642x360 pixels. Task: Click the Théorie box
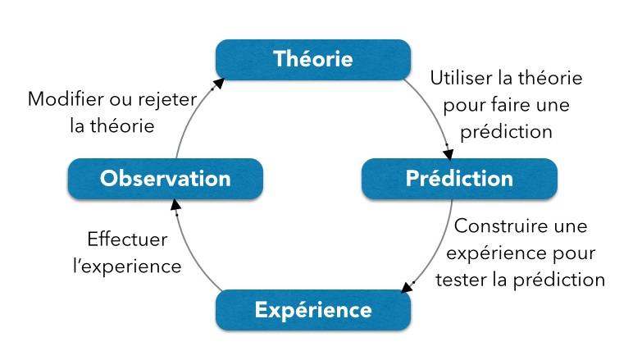[x=312, y=60]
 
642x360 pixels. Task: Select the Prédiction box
[x=459, y=179]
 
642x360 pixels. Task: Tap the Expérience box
[x=312, y=310]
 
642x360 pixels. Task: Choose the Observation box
[x=165, y=179]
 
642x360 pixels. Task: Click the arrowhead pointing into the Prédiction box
[x=448, y=153]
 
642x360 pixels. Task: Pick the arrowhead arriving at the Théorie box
[x=219, y=81]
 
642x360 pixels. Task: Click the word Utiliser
[x=461, y=80]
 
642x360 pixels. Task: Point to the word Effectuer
[x=127, y=239]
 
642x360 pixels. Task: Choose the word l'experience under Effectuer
[x=127, y=267]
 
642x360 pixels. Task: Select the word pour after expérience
[x=572, y=253]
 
